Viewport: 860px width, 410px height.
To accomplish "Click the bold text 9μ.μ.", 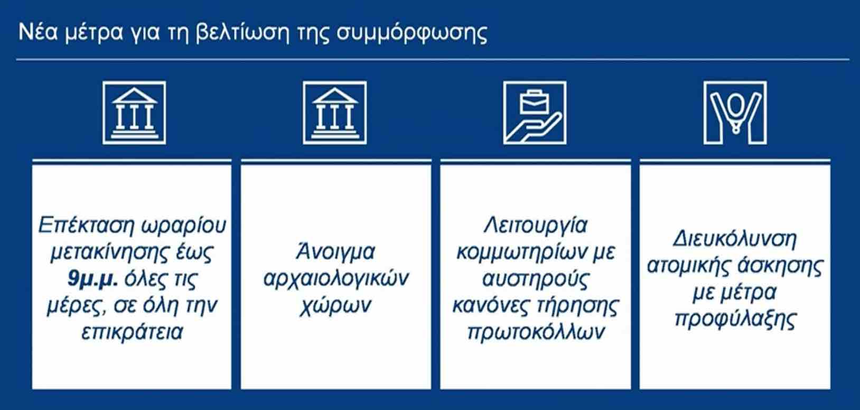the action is [x=92, y=278].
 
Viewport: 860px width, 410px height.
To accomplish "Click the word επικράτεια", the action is [x=132, y=332].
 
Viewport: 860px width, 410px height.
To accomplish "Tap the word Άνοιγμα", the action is [x=335, y=252].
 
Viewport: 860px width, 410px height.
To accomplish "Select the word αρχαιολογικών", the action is [x=336, y=278].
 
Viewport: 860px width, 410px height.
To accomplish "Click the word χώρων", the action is [x=335, y=306].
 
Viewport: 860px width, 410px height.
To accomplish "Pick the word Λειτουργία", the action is [x=536, y=226].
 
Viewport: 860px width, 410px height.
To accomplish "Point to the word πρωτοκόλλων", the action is [x=536, y=332].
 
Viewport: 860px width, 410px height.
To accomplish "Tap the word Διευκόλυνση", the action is [x=735, y=239].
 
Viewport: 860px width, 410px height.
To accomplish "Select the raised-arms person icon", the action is [x=735, y=113].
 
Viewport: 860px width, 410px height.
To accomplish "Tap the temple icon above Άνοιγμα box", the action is [x=335, y=113].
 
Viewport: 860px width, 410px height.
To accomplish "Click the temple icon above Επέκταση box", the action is [x=134, y=113].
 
